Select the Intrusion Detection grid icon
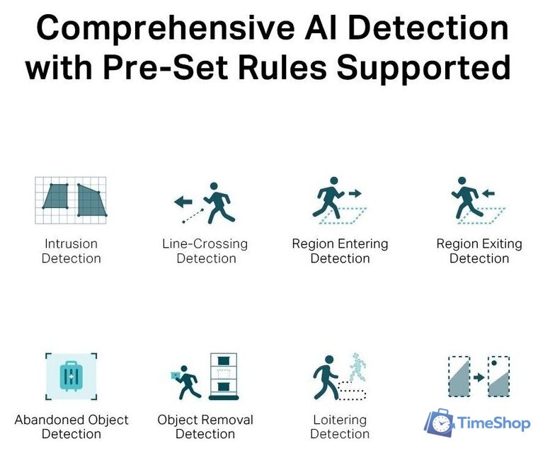pos(71,200)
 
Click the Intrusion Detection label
pos(71,251)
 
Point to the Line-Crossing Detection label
pos(205,251)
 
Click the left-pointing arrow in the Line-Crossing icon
pos(183,202)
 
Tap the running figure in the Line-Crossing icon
pos(219,202)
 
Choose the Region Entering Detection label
pos(340,251)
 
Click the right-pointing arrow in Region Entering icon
pos(354,193)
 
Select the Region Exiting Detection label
pos(479,251)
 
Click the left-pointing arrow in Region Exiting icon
pos(488,193)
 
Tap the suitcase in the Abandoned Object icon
pos(71,376)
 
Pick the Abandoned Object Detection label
pos(71,426)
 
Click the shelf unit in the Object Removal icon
pos(224,376)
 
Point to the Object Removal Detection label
pos(205,426)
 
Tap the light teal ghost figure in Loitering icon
pos(358,367)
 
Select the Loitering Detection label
pos(340,426)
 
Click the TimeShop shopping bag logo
pos(439,423)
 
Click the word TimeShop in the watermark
pos(493,423)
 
